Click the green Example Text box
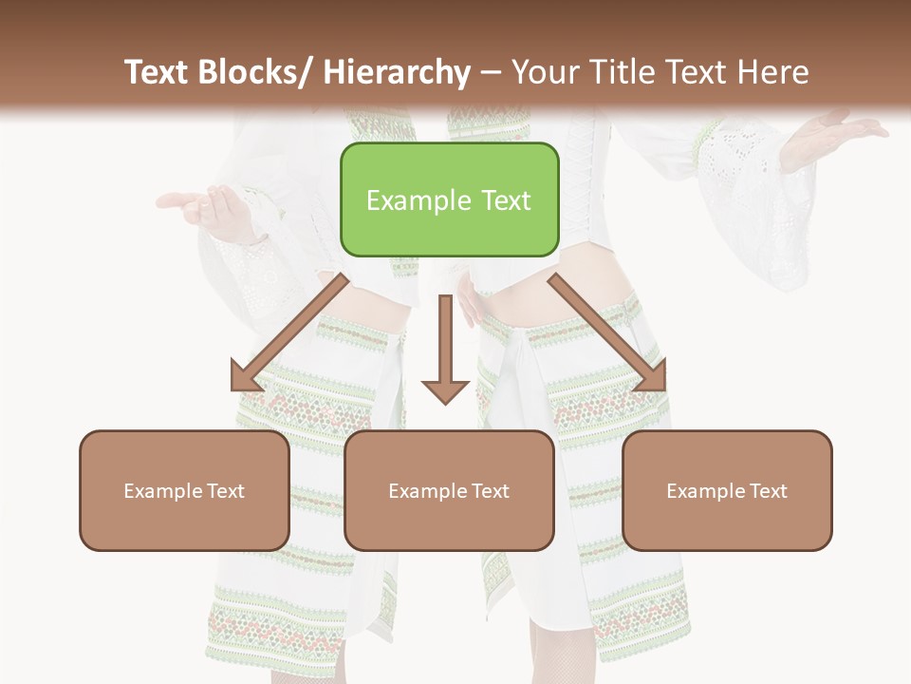[x=449, y=199]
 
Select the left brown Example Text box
[x=184, y=490]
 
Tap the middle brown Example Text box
[x=449, y=490]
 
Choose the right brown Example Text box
[x=727, y=490]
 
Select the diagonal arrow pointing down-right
[x=607, y=332]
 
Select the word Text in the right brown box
[x=769, y=491]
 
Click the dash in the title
[x=491, y=73]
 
